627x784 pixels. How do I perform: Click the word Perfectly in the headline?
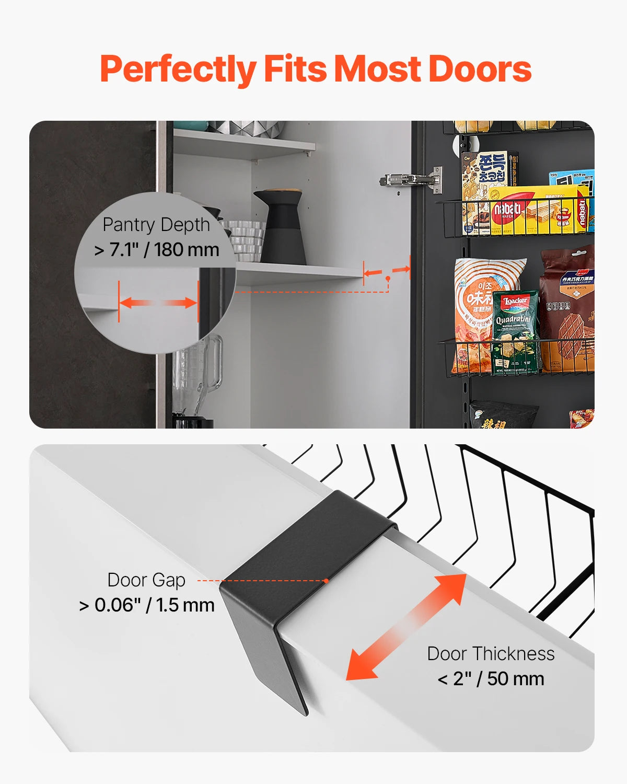click(x=178, y=70)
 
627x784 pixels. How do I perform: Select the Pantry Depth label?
click(x=156, y=225)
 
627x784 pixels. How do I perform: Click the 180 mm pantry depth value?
click(x=187, y=250)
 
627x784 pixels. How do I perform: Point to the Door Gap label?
click(x=146, y=580)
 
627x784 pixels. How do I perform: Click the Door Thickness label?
click(x=491, y=654)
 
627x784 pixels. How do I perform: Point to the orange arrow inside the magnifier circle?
click(x=158, y=303)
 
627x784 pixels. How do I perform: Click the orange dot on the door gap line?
click(x=326, y=581)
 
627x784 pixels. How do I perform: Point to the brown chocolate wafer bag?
click(x=568, y=308)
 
